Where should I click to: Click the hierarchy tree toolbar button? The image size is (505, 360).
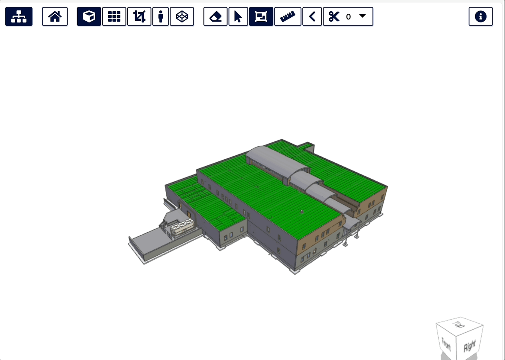click(x=19, y=16)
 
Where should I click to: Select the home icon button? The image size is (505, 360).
click(x=55, y=16)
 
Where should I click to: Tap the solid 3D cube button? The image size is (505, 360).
click(x=89, y=16)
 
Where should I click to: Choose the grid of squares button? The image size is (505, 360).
click(x=114, y=16)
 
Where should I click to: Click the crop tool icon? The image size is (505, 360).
click(x=139, y=16)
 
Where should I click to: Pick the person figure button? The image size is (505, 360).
click(x=160, y=16)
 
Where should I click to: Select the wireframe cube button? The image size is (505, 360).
click(x=182, y=16)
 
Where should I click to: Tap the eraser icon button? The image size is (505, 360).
click(x=215, y=16)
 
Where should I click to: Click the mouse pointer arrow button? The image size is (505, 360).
click(x=238, y=16)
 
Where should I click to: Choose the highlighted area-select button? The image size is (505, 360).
click(x=261, y=16)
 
